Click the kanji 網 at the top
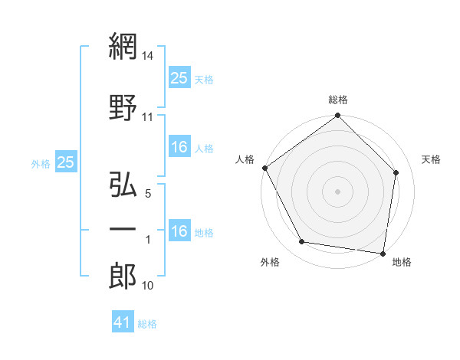[123, 48]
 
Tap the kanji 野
[123, 108]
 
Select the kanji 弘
[123, 186]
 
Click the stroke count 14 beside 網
[149, 57]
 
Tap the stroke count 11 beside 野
[148, 117]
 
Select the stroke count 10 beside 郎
[148, 286]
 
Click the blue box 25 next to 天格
[179, 78]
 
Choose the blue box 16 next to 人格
[179, 148]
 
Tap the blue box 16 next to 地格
[179, 232]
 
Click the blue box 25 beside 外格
[66, 162]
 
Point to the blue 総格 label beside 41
[147, 324]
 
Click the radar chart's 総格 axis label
[337, 100]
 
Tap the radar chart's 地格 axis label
[402, 262]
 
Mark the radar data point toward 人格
[264, 167]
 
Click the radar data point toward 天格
[396, 172]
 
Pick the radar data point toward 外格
[302, 242]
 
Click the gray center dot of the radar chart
[337, 191]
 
